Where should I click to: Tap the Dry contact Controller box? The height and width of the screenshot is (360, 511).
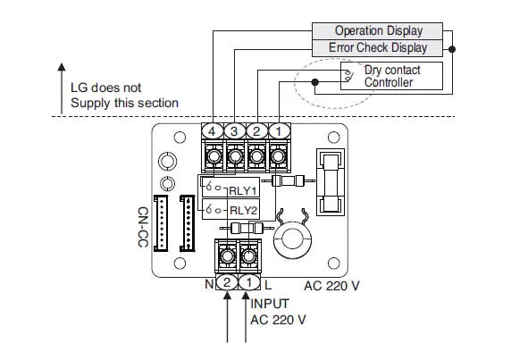pos(391,76)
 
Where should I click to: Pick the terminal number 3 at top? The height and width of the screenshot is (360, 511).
pos(235,130)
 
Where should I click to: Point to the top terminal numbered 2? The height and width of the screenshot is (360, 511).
pos(257,130)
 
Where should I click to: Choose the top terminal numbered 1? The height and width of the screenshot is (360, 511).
pos(280,130)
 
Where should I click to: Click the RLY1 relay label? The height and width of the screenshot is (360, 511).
pos(243,189)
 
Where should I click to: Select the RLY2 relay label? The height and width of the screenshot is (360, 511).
pos(243,210)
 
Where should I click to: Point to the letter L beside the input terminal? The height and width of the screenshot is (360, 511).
pos(267,285)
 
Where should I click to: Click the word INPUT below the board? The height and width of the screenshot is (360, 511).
pos(271,304)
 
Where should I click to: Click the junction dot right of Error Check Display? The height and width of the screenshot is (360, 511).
pos(453,47)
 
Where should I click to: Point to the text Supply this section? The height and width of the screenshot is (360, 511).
pos(124,103)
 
